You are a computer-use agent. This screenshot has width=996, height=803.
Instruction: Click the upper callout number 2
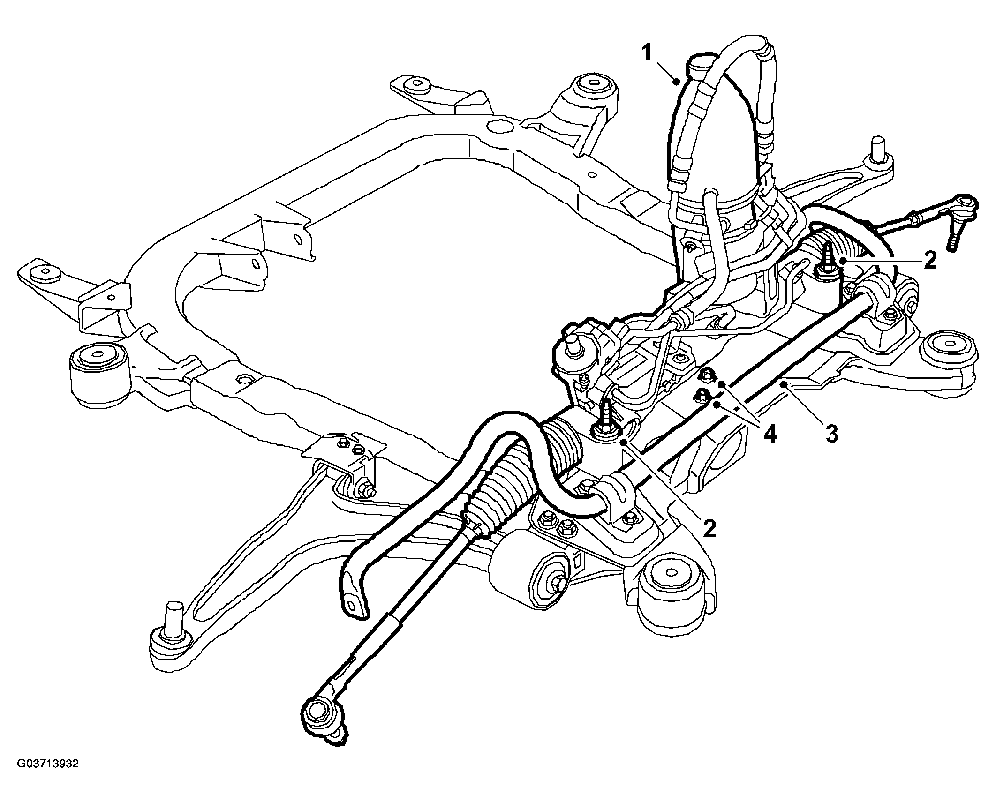point(929,261)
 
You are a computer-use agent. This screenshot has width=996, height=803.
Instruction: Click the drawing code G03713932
point(48,777)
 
